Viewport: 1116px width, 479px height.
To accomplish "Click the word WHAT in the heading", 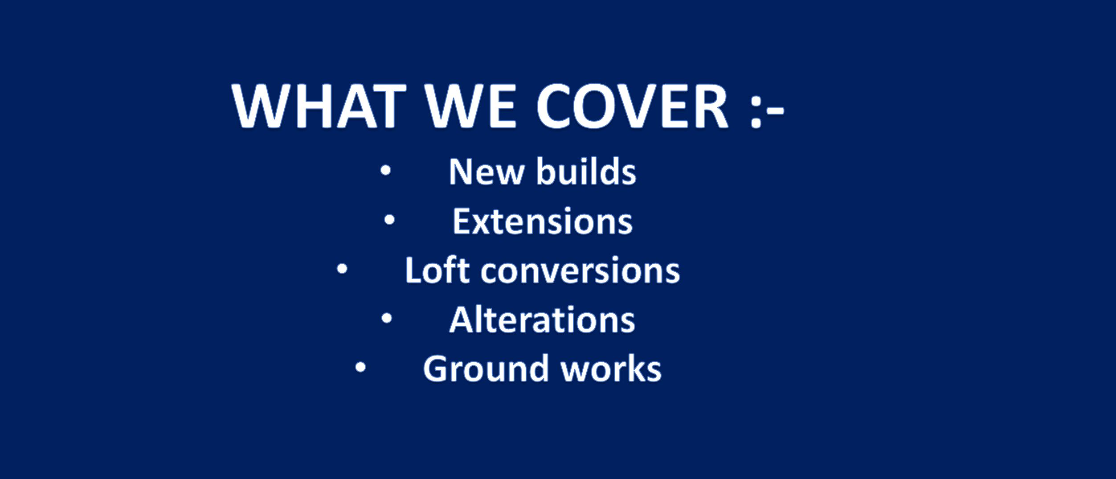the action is pos(319,106).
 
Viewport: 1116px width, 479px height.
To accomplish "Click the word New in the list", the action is pos(486,172).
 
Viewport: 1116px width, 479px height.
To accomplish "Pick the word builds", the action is pos(586,171).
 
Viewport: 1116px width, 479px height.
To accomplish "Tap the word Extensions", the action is pos(542,221).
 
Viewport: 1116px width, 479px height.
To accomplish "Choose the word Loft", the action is pos(437,270).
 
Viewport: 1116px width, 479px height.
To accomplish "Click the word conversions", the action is pos(580,271).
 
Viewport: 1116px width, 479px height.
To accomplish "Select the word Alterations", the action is pos(542,319).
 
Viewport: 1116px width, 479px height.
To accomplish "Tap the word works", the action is pos(611,368).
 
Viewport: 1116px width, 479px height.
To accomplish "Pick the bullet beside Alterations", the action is pos(386,318).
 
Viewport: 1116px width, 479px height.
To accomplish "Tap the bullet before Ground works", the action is pos(360,367).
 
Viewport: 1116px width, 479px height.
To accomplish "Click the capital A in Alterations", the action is pos(463,319).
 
